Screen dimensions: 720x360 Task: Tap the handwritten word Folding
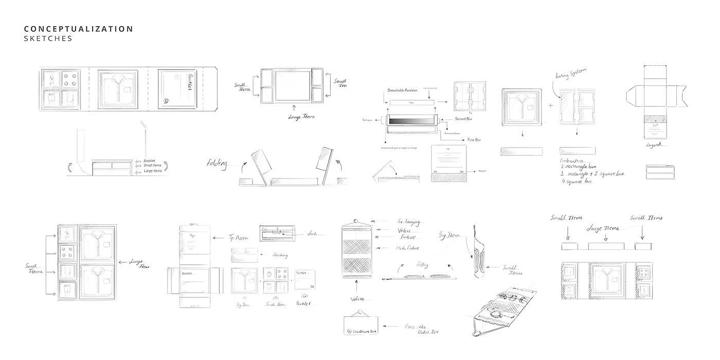(x=217, y=164)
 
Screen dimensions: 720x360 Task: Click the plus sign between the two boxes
(x=551, y=105)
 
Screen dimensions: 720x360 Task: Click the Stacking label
(x=280, y=255)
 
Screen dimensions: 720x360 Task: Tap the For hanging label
(x=408, y=223)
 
